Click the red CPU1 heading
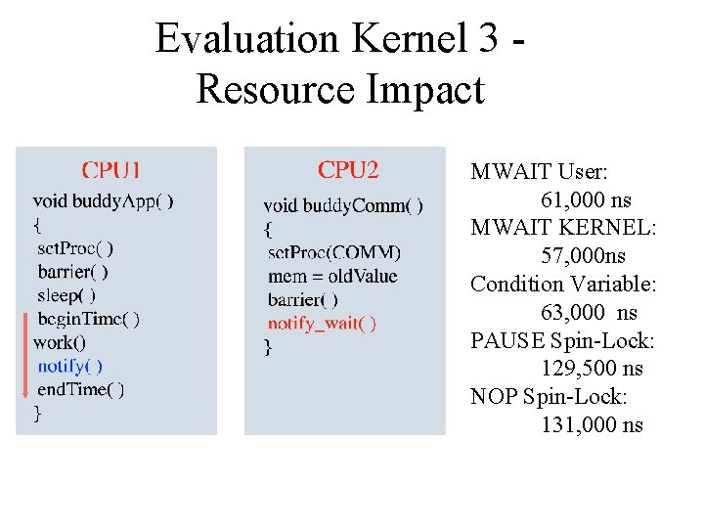110,171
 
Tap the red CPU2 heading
348,170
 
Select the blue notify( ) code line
69,366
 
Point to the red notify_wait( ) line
322,324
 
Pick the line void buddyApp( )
103,201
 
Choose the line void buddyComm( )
343,205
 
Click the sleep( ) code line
66,295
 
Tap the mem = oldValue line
332,277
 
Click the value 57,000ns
584,256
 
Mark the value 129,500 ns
592,369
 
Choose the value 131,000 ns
592,424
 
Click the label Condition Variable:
563,285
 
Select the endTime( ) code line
80,389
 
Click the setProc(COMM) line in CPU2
333,252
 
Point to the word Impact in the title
425,90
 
